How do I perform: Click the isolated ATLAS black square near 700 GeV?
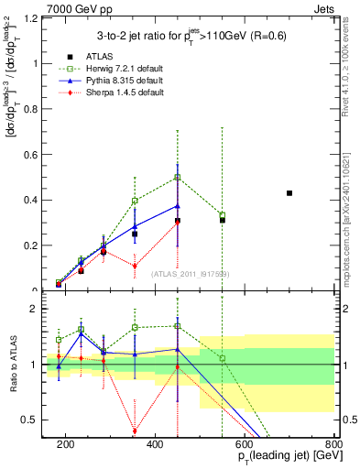(x=289, y=193)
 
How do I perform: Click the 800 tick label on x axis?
(x=333, y=444)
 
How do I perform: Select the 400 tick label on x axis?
(x=155, y=444)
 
